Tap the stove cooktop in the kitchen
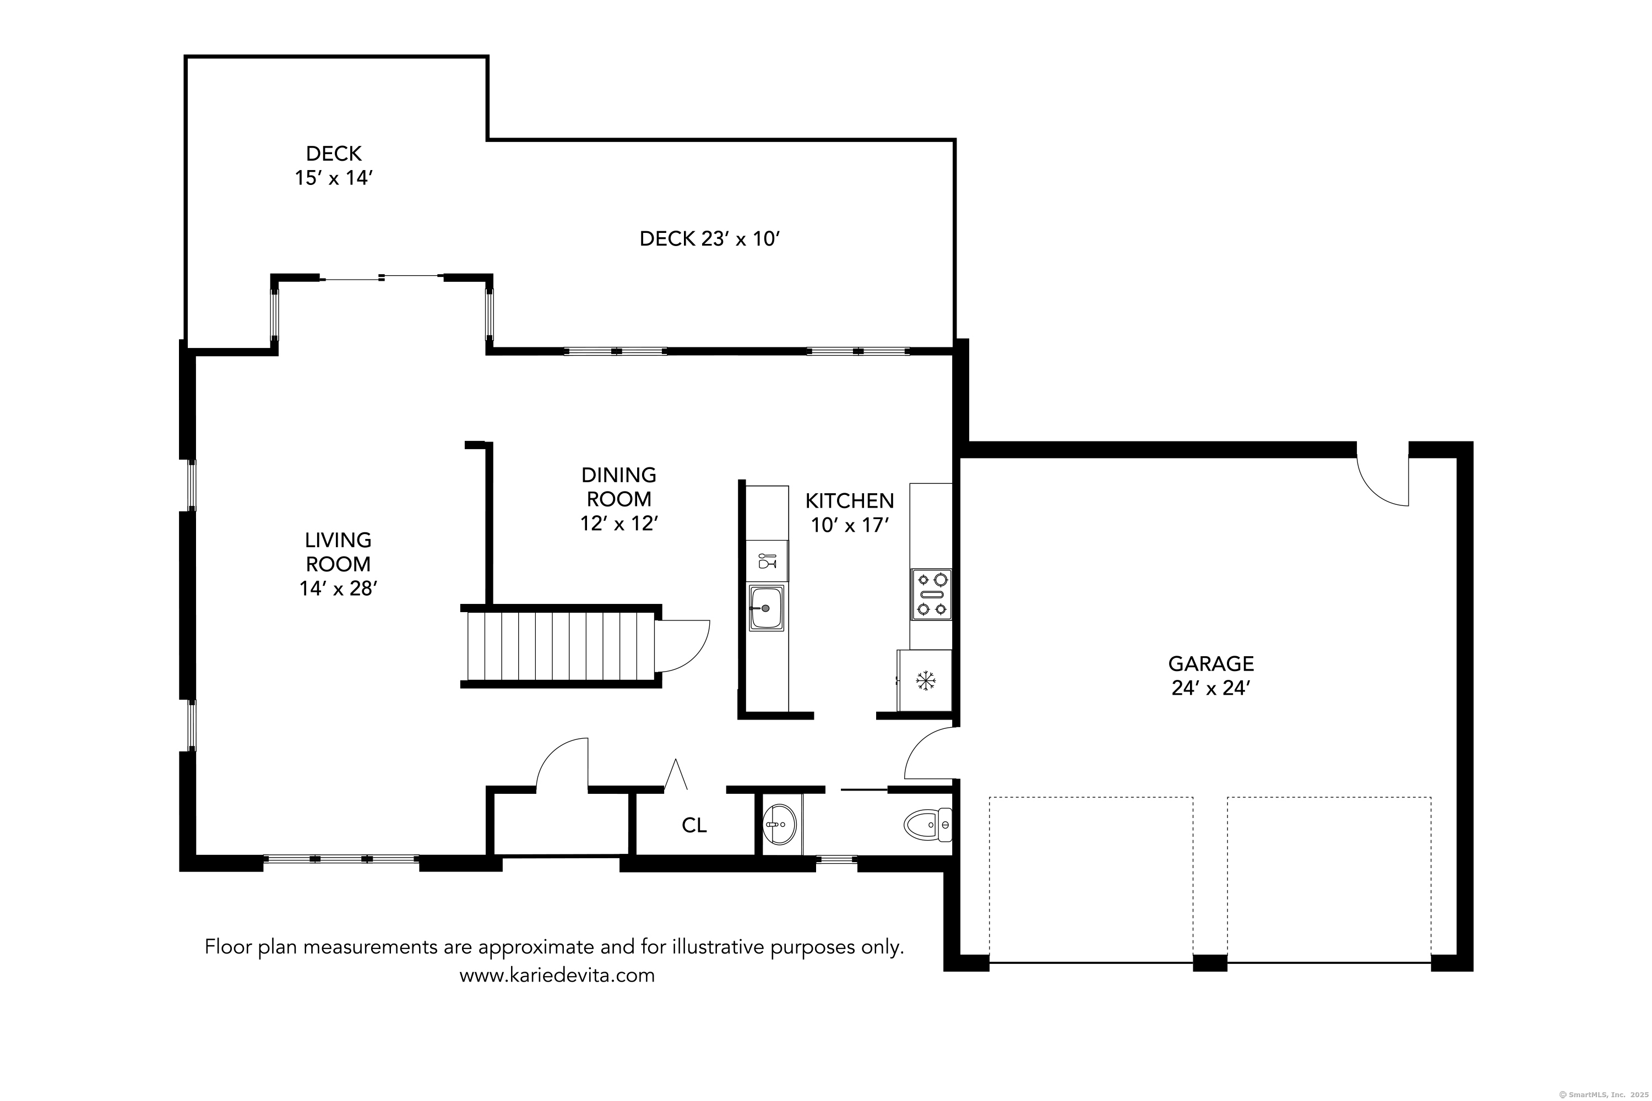931,594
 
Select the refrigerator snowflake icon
926,680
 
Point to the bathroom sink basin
779,824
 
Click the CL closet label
694,826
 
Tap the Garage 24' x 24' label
1211,675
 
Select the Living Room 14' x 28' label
338,564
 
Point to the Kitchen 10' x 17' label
849,513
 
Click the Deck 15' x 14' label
334,166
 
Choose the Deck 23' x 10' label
709,239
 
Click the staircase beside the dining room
561,646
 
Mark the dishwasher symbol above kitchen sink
767,561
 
